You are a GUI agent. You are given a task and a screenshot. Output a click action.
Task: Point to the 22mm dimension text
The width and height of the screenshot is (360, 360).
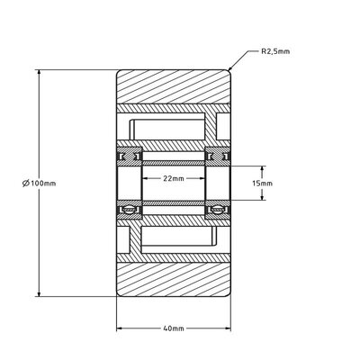[x=174, y=178]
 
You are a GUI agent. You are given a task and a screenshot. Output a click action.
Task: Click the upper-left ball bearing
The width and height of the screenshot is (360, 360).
[x=130, y=157]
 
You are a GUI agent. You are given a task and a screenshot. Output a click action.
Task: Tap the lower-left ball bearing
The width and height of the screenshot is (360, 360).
[x=130, y=210]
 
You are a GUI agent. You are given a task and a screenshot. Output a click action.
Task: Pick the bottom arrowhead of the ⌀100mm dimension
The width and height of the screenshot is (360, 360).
[x=40, y=295]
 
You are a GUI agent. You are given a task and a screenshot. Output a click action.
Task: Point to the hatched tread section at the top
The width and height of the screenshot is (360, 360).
[x=174, y=90]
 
